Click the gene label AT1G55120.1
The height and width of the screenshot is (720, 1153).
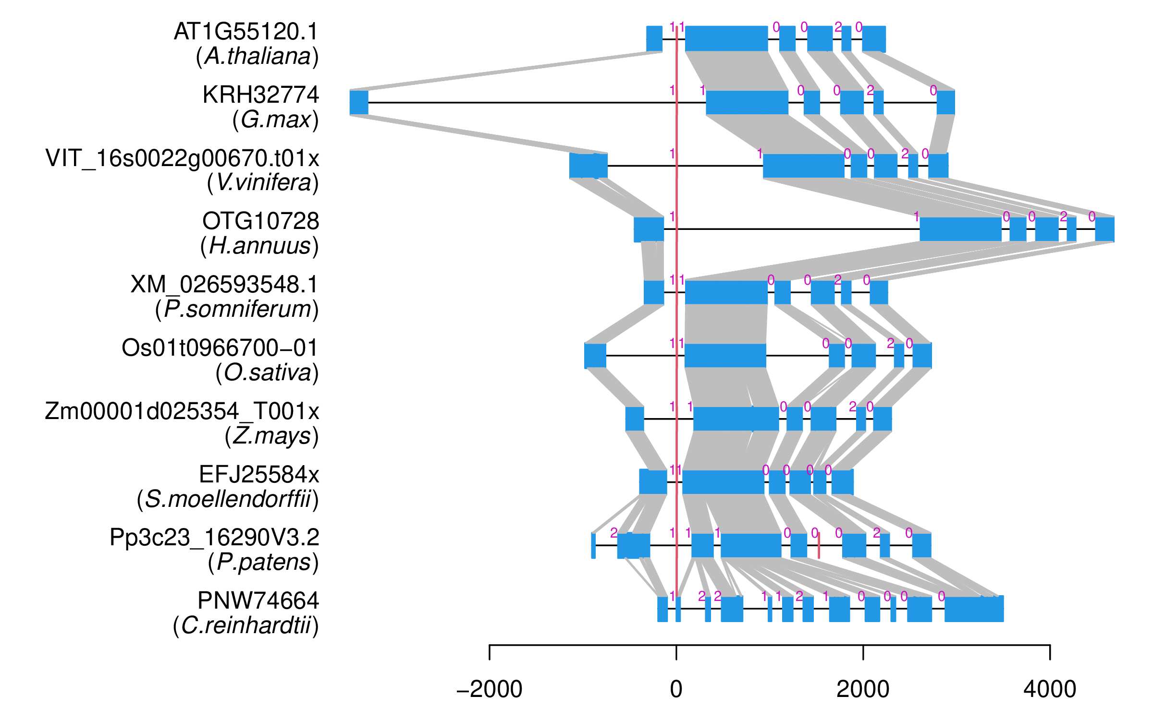click(246, 32)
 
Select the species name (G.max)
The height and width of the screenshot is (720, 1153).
click(275, 120)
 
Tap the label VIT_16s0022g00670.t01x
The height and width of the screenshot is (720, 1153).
click(182, 158)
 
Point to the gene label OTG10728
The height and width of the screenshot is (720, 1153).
click(260, 221)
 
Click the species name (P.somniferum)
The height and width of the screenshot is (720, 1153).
click(236, 309)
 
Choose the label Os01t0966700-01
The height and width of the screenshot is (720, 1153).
click(220, 348)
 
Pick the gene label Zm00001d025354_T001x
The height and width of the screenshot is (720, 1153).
click(182, 411)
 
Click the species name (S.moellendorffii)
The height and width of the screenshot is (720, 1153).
click(227, 499)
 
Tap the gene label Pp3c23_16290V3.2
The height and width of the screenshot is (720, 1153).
click(214, 538)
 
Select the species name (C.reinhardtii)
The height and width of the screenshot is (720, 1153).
click(245, 625)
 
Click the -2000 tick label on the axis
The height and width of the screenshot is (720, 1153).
click(489, 690)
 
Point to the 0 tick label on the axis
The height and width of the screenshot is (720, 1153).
click(676, 690)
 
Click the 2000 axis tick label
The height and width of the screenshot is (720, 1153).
click(863, 690)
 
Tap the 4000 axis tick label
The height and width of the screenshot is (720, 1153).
click(1050, 690)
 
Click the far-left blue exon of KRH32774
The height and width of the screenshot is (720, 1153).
click(359, 102)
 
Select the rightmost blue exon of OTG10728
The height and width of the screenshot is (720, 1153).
click(1104, 229)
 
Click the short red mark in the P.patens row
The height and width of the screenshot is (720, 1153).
click(819, 546)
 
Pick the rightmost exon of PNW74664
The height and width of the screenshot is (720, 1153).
click(974, 609)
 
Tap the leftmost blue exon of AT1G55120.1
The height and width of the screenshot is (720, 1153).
click(654, 39)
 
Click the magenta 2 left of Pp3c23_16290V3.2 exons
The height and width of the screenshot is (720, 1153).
click(613, 533)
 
